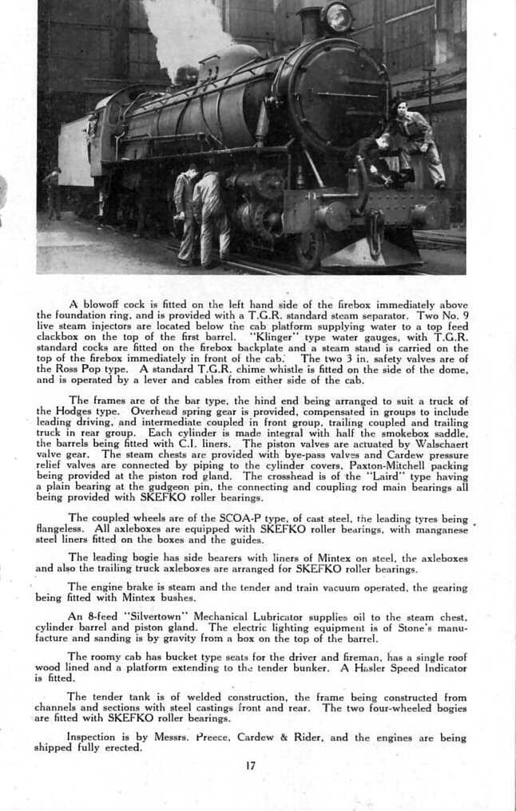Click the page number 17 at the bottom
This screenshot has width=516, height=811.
(252, 766)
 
